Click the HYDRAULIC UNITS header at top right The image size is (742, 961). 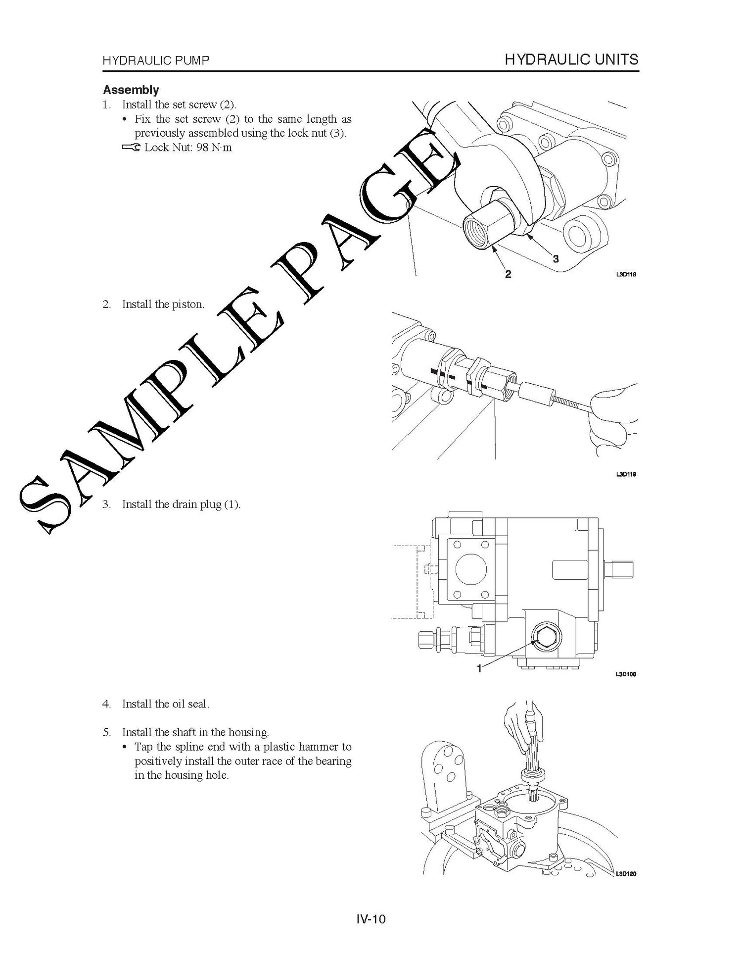coord(571,60)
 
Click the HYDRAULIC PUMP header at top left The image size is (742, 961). coord(156,61)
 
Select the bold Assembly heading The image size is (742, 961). coord(131,90)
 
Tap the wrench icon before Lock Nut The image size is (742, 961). coord(131,148)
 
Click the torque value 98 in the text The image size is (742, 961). coord(203,148)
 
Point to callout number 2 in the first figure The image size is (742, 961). coord(508,274)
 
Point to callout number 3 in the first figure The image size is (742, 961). coord(556,258)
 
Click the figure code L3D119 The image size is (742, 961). coord(626,274)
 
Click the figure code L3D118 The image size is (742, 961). coord(626,474)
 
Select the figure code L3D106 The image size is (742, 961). coord(626,674)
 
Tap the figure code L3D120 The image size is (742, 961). coord(626,874)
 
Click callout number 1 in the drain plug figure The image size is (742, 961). coord(479,668)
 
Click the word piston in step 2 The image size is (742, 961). coord(187,304)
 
